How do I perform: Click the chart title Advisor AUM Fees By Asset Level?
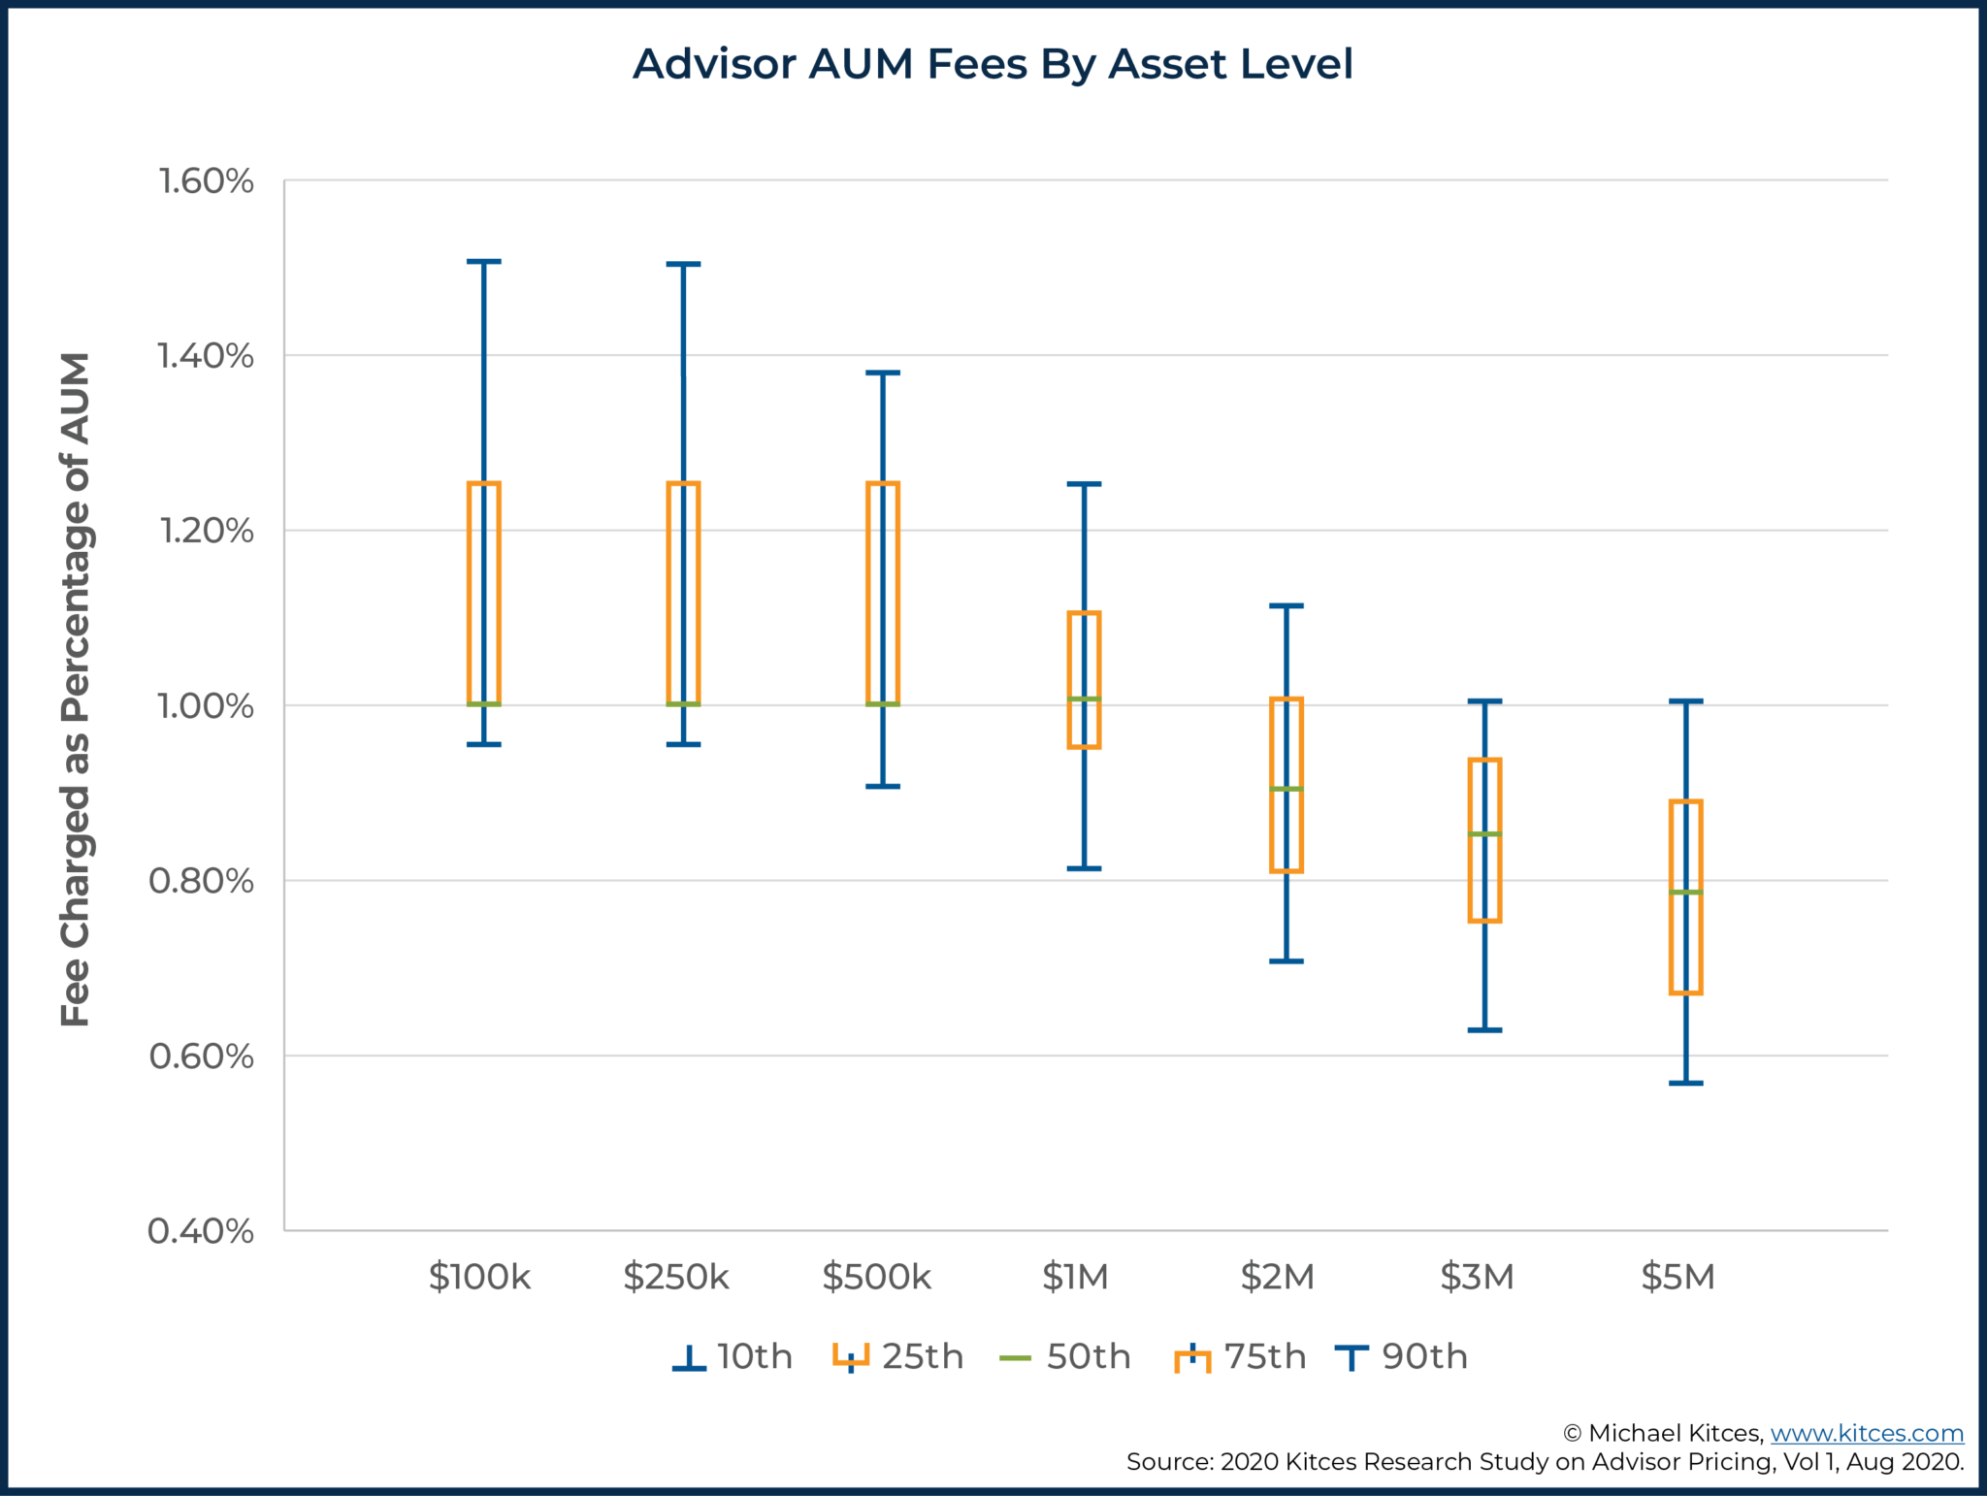pyautogui.click(x=993, y=64)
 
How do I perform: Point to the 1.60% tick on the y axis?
pyautogui.click(x=206, y=181)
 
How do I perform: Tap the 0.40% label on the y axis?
pyautogui.click(x=201, y=1231)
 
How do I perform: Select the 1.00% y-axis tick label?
pyautogui.click(x=205, y=706)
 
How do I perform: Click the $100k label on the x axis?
pyautogui.click(x=479, y=1277)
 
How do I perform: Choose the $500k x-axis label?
pyautogui.click(x=876, y=1277)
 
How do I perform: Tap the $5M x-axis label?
pyautogui.click(x=1678, y=1277)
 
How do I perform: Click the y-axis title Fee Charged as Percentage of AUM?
pyautogui.click(x=76, y=689)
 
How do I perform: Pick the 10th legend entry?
pyautogui.click(x=733, y=1356)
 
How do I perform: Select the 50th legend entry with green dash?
pyautogui.click(x=1065, y=1356)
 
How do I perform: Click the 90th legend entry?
pyautogui.click(x=1401, y=1356)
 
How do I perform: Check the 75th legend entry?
pyautogui.click(x=1240, y=1356)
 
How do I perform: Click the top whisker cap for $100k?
pyautogui.click(x=484, y=262)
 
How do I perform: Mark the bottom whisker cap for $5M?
pyautogui.click(x=1685, y=1083)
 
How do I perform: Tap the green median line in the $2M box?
pyautogui.click(x=1286, y=789)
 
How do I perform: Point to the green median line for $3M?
pyautogui.click(x=1484, y=833)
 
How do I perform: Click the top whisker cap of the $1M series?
pyautogui.click(x=1084, y=484)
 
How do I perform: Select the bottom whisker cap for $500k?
pyautogui.click(x=883, y=786)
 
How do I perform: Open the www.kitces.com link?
pyautogui.click(x=1866, y=1433)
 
